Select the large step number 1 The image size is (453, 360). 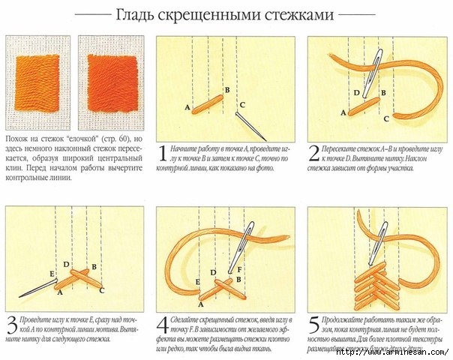coord(162,155)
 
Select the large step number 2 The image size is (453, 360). coord(313,155)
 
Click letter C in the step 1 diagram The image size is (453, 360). coord(242,104)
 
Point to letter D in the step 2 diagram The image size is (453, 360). coord(355,92)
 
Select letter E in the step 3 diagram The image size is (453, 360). coord(51,274)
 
